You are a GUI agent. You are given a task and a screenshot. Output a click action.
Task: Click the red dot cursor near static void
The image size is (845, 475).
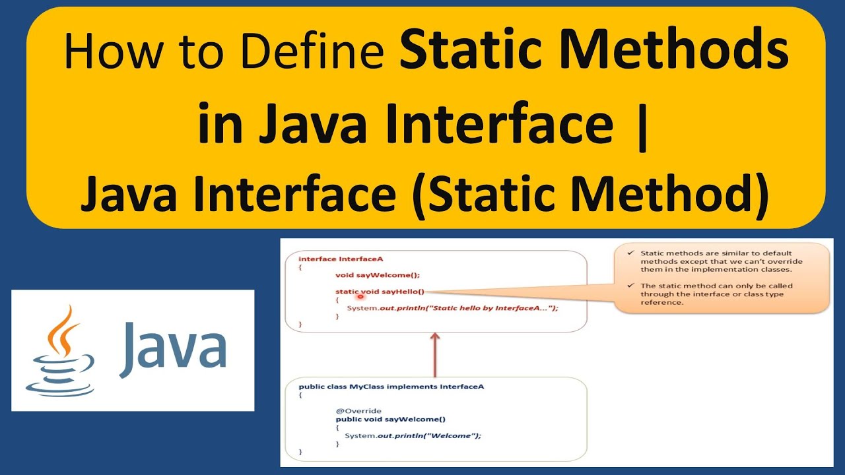pyautogui.click(x=361, y=296)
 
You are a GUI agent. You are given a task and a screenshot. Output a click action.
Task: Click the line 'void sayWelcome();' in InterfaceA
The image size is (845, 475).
pyautogui.click(x=377, y=275)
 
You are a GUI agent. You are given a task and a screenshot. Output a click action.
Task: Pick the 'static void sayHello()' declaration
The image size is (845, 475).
pyautogui.click(x=380, y=292)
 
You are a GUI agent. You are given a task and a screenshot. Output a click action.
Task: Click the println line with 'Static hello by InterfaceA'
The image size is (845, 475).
pyautogui.click(x=452, y=308)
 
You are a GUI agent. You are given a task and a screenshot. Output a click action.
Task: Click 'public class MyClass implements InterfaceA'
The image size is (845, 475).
pyautogui.click(x=391, y=387)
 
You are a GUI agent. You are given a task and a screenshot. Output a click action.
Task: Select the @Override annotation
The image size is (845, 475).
pyautogui.click(x=358, y=411)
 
